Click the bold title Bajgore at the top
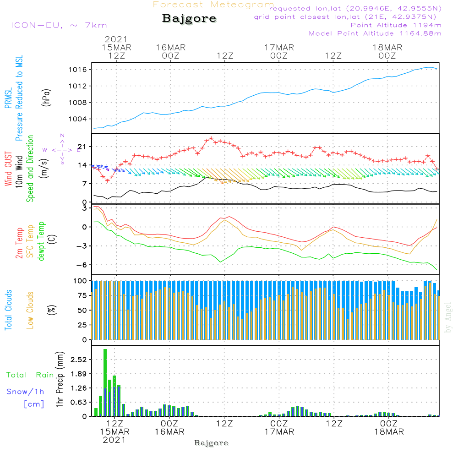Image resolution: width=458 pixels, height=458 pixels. point(189,19)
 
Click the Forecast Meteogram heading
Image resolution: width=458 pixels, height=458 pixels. point(213,5)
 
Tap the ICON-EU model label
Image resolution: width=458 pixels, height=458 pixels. point(58,25)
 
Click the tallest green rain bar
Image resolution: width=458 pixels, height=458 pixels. point(105,382)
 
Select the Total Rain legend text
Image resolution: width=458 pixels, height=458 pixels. point(30,375)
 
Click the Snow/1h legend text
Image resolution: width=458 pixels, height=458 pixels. point(25,392)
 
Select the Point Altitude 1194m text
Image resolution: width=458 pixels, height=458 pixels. point(396,25)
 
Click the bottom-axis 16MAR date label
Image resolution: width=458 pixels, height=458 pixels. point(169,432)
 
